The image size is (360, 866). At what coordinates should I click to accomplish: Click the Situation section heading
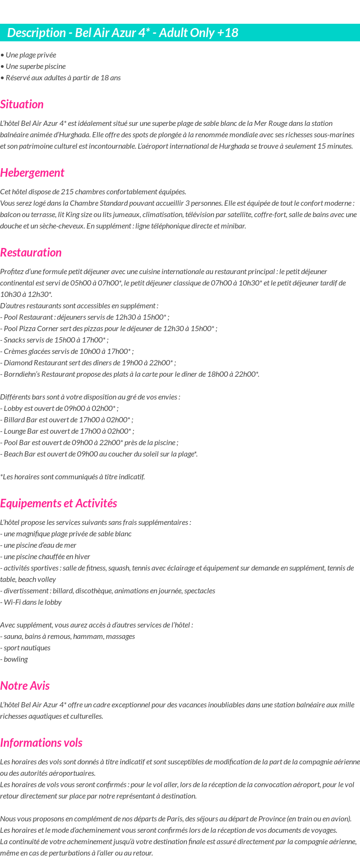(22, 105)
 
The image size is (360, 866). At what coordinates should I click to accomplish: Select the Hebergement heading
(32, 173)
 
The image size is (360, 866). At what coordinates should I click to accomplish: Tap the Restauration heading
(31, 253)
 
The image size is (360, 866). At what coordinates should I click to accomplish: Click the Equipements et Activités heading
(58, 504)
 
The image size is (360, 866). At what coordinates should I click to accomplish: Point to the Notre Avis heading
(25, 686)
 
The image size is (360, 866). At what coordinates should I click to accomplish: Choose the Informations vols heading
(41, 743)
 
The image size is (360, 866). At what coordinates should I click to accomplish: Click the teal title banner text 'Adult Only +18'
(198, 33)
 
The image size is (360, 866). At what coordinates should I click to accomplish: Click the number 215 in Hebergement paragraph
(67, 192)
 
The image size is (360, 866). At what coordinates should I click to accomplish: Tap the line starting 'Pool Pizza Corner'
(109, 329)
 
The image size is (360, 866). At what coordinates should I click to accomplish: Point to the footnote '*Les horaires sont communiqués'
(72, 477)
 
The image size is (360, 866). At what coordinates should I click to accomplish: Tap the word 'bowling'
(16, 659)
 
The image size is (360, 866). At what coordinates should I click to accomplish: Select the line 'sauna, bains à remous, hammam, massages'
(67, 637)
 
